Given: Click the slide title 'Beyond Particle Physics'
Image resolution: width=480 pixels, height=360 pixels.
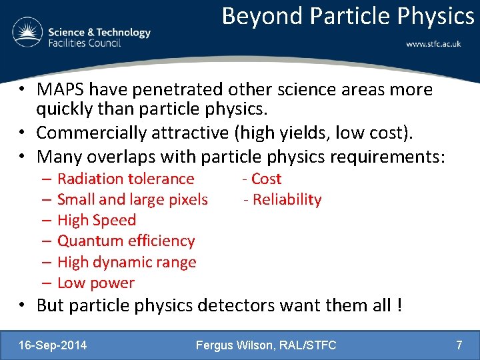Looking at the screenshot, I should point(347,15).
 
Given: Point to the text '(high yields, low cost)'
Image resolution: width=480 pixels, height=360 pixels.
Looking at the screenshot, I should point(323,133).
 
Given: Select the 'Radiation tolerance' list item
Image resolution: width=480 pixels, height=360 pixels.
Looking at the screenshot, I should point(125,179).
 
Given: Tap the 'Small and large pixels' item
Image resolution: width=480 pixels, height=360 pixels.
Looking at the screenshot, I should point(132,199).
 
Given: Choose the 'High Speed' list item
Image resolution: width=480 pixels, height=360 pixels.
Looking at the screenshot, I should point(96,220).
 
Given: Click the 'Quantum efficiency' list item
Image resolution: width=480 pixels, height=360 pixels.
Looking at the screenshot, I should point(126,241).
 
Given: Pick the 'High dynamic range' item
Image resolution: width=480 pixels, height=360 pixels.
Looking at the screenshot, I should point(127,262).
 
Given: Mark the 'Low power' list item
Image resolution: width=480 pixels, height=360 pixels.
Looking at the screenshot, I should point(95,283).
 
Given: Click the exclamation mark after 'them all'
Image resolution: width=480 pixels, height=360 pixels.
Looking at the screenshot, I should point(399,306).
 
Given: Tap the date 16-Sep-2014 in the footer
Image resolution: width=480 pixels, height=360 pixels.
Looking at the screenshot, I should point(53,345).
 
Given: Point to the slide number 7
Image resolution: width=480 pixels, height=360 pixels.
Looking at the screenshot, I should point(459,345).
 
